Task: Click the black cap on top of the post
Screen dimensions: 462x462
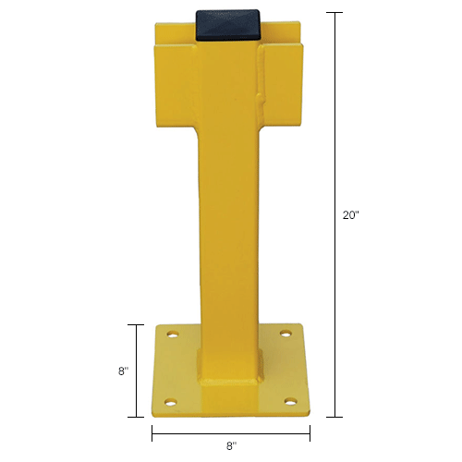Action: click(x=231, y=25)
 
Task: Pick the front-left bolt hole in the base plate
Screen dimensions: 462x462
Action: click(x=170, y=401)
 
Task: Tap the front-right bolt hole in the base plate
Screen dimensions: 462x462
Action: click(x=291, y=401)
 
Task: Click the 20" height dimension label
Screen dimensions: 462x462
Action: click(x=350, y=215)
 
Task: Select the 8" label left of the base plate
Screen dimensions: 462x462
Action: click(x=123, y=371)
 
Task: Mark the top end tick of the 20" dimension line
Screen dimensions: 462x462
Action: click(x=334, y=13)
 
